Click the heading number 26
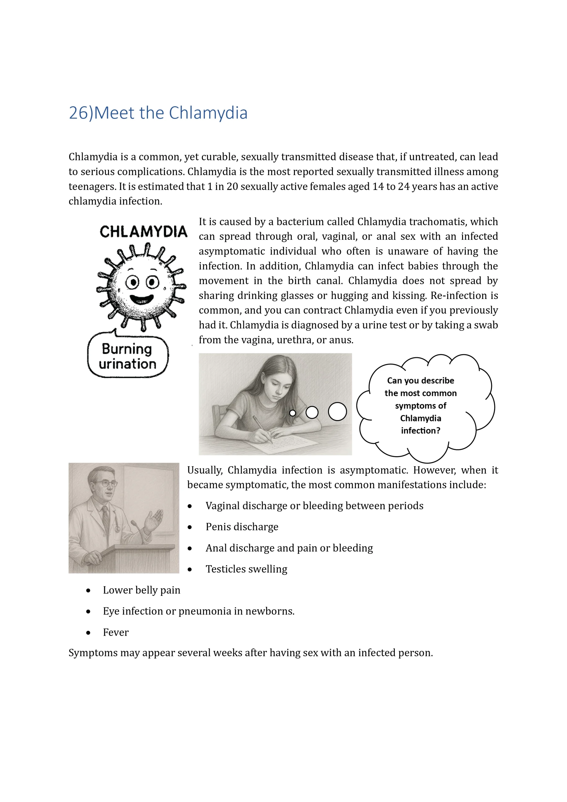[x=78, y=113]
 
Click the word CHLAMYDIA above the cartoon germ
[x=143, y=232]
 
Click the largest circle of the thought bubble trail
[x=337, y=411]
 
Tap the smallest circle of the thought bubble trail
[x=292, y=413]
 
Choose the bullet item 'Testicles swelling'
[x=246, y=569]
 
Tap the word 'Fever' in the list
[x=116, y=632]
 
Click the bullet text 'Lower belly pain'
[x=142, y=590]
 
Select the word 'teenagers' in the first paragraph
[x=92, y=186]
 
